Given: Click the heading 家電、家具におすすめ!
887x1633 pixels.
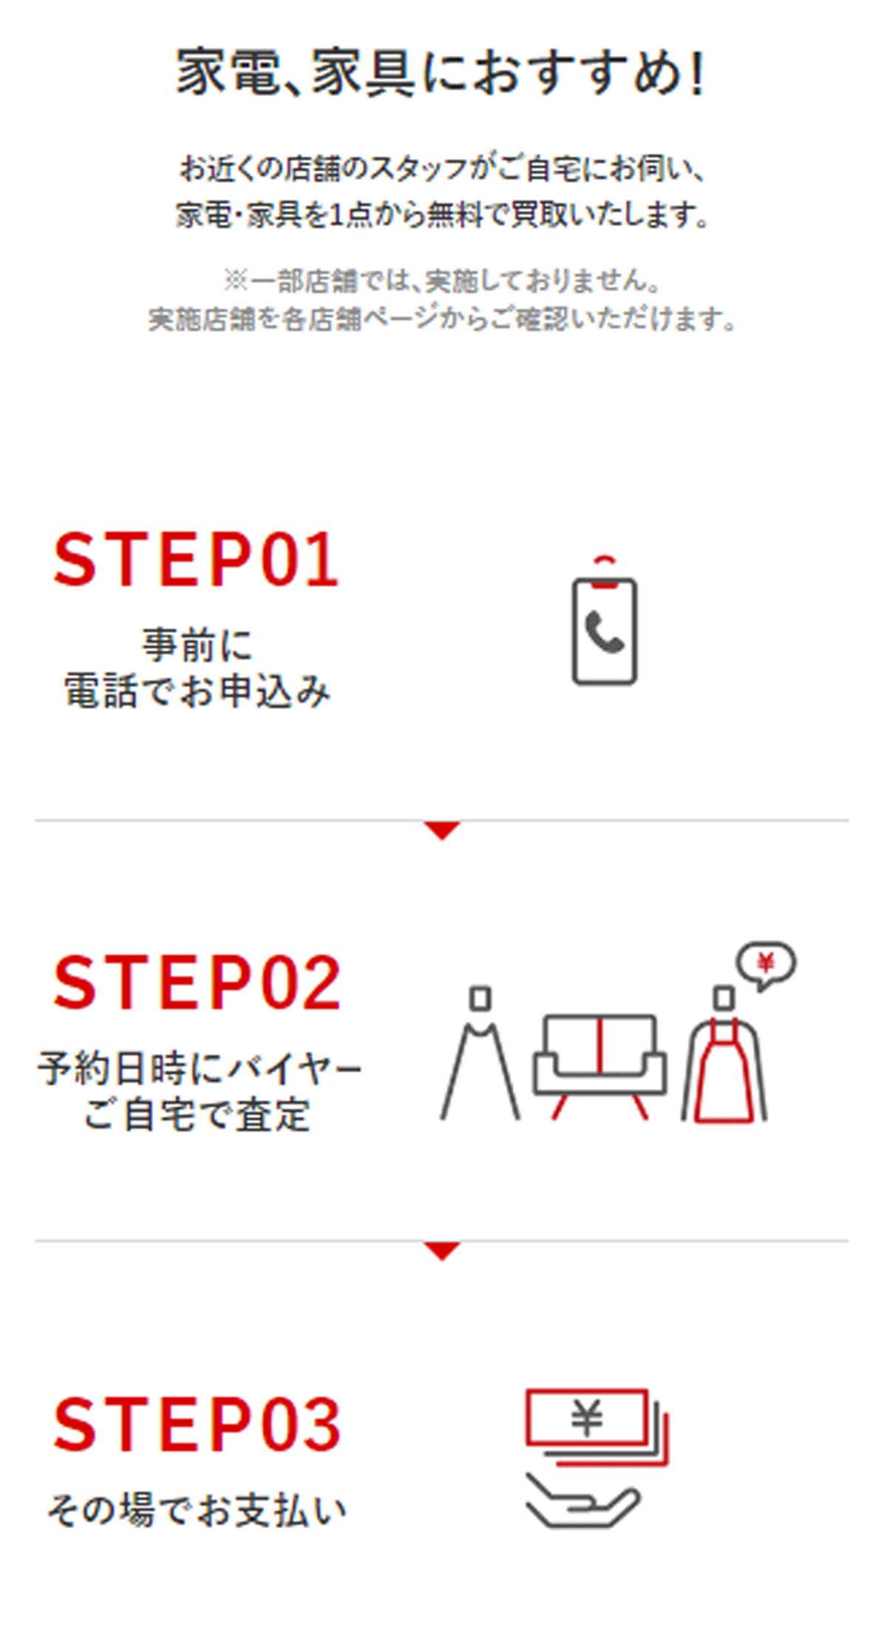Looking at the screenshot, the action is coord(441,72).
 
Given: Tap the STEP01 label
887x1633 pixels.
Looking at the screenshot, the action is coord(196,560).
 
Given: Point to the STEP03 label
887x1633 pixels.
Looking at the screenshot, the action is coord(197,1423).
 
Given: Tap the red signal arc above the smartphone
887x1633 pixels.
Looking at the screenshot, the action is coord(605,559).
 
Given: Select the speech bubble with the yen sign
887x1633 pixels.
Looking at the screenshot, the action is coord(766,965).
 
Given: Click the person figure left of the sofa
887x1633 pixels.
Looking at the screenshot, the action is coord(480,1053).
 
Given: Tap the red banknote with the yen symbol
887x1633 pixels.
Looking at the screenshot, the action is coord(586,1416).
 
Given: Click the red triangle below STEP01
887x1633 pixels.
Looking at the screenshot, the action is coord(442,830).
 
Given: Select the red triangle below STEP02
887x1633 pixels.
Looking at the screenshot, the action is coord(442,1251).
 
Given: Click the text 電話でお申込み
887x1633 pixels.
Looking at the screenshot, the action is coord(197,691).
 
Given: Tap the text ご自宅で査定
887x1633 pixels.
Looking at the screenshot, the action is coord(197,1114).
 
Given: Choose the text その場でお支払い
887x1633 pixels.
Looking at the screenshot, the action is coord(197,1510).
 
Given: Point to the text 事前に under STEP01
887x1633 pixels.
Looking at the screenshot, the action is coord(197,645).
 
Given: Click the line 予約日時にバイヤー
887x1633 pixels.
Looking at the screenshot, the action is coord(200,1069).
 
